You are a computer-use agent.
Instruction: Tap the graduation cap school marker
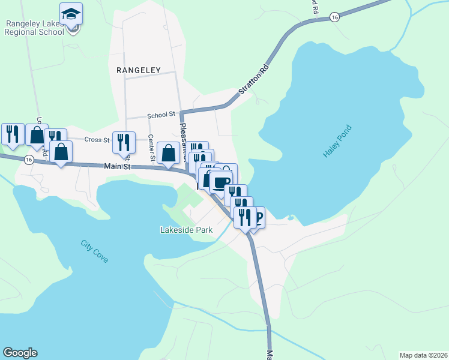tap(71, 14)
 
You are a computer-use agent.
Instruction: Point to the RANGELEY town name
tap(139, 70)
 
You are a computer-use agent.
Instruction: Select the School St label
tap(160, 114)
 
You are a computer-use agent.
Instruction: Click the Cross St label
tap(97, 139)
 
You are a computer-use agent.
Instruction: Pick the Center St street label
tap(152, 148)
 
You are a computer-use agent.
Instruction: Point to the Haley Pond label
tap(336, 141)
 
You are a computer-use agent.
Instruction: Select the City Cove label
tap(95, 251)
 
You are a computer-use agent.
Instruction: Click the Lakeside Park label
tap(187, 229)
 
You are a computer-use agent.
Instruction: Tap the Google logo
tap(20, 353)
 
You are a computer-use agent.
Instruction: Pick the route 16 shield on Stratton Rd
tap(334, 18)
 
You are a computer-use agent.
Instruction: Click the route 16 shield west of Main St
tap(28, 160)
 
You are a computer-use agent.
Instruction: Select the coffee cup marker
tap(221, 181)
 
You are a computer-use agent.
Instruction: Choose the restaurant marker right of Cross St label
tap(124, 142)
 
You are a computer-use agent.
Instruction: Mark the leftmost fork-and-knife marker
tap(13, 134)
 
